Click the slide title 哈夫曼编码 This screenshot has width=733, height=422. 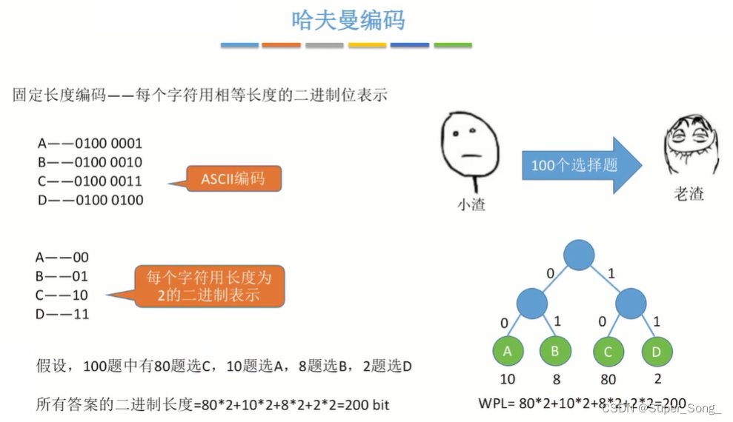348,20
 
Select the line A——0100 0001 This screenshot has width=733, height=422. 90,143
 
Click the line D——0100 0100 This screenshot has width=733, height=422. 90,200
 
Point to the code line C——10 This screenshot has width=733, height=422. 62,295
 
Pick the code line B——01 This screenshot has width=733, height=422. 62,276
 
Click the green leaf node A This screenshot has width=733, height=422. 508,352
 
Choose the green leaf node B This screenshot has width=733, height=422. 555,352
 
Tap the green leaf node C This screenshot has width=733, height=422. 608,352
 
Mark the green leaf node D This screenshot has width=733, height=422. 657,352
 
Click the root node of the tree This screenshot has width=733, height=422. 579,255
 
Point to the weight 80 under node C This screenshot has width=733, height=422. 608,380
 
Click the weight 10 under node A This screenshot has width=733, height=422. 508,380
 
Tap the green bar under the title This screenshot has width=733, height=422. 452,45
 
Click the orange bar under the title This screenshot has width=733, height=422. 282,45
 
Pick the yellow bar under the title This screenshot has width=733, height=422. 367,45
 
